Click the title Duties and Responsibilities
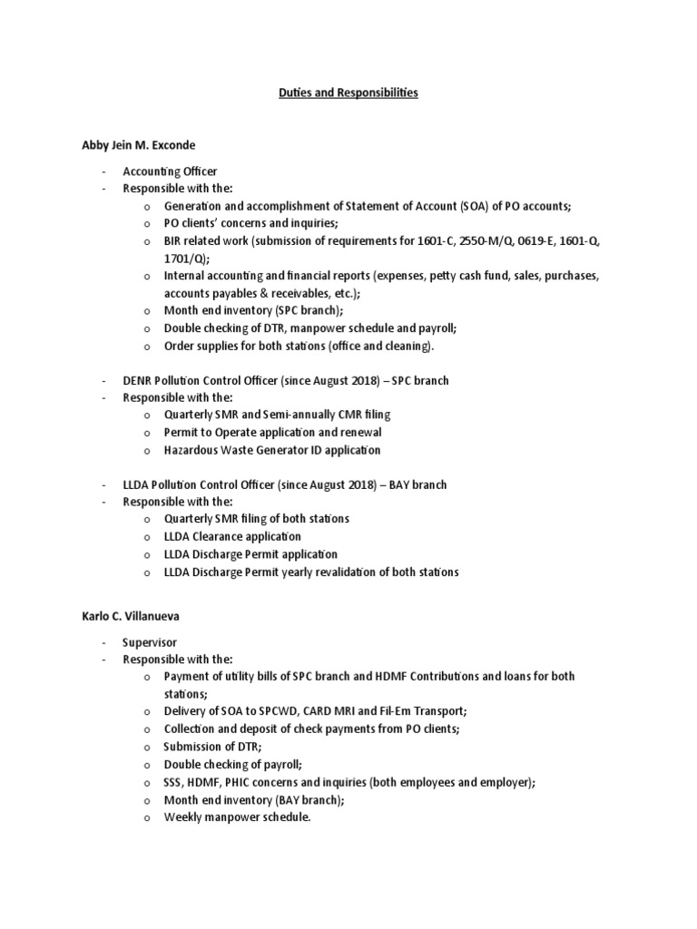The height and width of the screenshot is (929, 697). [x=348, y=93]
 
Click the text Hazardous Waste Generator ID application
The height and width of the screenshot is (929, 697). [x=272, y=449]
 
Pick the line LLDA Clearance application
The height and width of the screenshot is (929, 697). [x=232, y=536]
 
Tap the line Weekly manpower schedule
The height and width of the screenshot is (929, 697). [x=237, y=817]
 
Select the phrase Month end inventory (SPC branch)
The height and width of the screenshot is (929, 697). [x=241, y=309]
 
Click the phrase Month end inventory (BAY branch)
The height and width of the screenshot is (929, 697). [x=242, y=799]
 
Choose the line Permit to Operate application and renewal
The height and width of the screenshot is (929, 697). [x=272, y=432]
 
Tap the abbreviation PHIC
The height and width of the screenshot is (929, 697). [x=244, y=782]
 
